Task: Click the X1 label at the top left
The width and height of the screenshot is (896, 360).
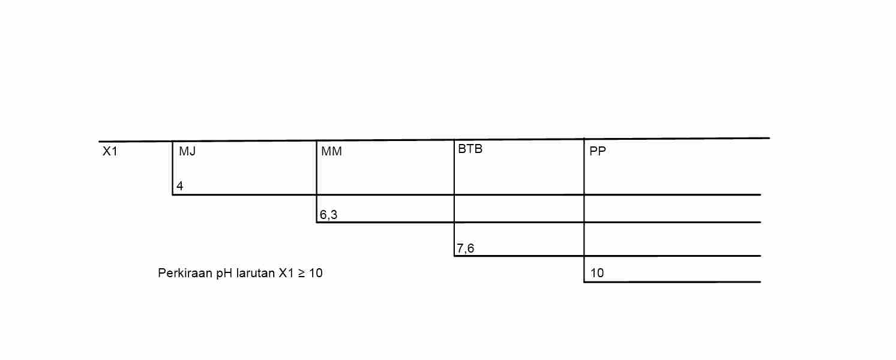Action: tap(110, 152)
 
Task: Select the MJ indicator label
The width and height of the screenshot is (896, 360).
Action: tap(187, 152)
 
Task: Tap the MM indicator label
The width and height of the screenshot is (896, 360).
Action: tap(331, 152)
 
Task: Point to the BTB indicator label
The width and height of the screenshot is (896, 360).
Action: tap(470, 149)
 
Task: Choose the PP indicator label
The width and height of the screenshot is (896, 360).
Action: tap(598, 152)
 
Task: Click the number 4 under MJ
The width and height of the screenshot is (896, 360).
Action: tap(179, 186)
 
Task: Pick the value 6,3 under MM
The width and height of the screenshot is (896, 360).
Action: tap(328, 214)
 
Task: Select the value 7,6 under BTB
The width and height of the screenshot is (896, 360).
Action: tap(465, 248)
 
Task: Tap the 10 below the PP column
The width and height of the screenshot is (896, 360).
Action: tap(597, 274)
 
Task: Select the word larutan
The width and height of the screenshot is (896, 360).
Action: tap(256, 274)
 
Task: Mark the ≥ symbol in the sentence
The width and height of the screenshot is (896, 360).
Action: tap(302, 274)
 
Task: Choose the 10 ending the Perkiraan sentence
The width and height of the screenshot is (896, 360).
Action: tap(316, 274)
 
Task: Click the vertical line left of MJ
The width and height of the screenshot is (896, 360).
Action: tap(172, 168)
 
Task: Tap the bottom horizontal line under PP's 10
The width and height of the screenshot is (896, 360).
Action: tap(672, 282)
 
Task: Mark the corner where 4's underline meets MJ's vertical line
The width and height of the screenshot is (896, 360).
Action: tap(172, 195)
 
